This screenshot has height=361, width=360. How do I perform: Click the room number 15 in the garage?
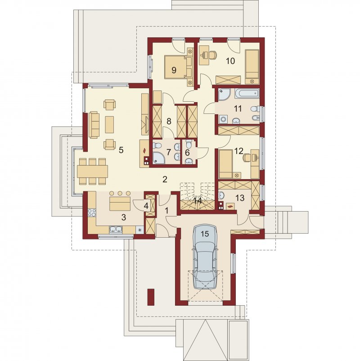[x=205, y=234]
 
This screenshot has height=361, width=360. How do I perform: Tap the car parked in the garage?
[x=205, y=257]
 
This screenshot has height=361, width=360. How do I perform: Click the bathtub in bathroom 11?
[x=247, y=93]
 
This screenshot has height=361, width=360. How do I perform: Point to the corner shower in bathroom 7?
[x=158, y=157]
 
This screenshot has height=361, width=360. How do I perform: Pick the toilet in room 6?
[x=189, y=144]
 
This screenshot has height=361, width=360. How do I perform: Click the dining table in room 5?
[x=92, y=171]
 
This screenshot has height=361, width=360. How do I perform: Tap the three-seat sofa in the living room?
[x=94, y=125]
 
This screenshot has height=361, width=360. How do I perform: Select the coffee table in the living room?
[x=109, y=124]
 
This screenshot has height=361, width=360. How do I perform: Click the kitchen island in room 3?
[x=120, y=203]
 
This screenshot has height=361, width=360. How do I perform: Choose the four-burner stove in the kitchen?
[x=92, y=212]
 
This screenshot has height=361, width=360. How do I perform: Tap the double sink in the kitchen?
[x=116, y=230]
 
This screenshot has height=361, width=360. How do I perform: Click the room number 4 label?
[x=146, y=206]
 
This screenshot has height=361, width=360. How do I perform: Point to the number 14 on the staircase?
[x=198, y=201]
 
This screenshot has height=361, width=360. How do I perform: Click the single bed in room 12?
[x=225, y=164]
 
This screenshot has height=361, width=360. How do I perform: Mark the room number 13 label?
[x=240, y=198]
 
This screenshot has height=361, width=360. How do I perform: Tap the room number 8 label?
[x=169, y=121]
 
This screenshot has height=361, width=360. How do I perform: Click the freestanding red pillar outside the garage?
[x=151, y=297]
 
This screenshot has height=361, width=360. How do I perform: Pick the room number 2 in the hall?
[x=165, y=179]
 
